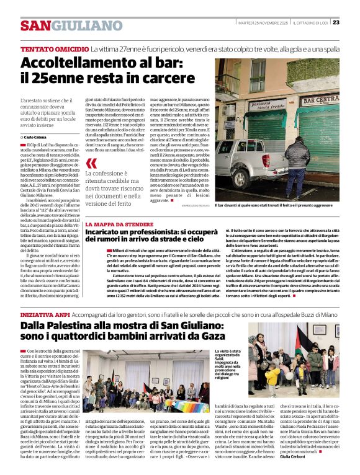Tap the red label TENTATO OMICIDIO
point(54,48)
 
